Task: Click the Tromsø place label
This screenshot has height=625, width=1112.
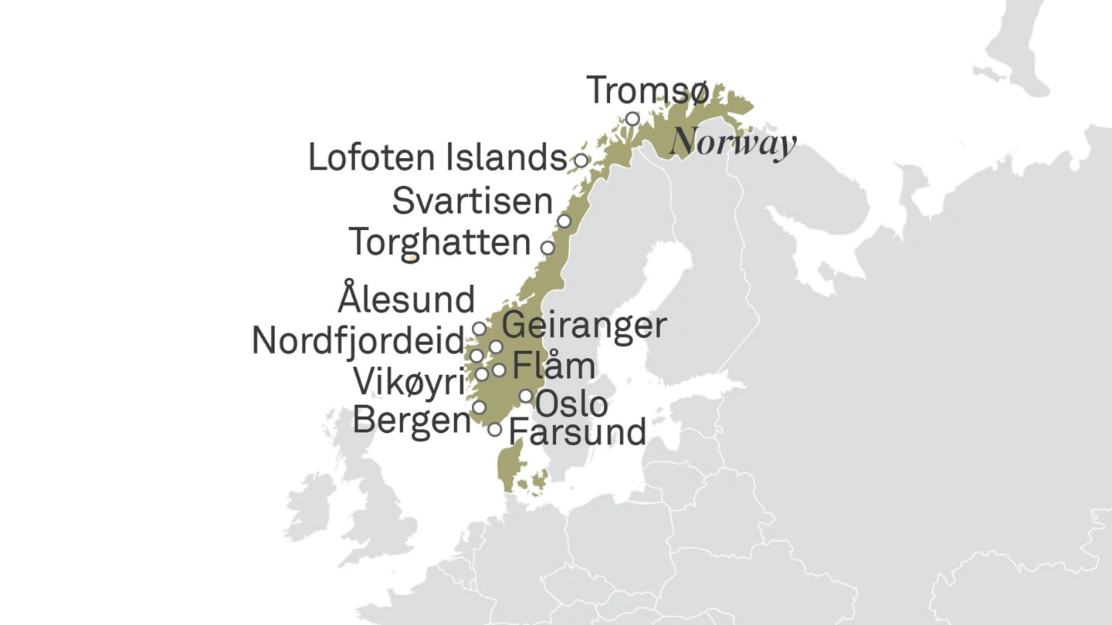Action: pyautogui.click(x=647, y=90)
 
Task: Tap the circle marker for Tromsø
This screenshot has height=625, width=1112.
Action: pyautogui.click(x=632, y=119)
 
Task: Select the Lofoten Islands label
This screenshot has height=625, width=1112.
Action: pyautogui.click(x=437, y=157)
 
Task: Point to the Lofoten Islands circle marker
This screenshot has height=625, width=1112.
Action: pyautogui.click(x=581, y=160)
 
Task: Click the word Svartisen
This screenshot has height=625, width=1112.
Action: pyautogui.click(x=472, y=201)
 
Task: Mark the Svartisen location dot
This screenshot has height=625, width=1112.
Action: pyautogui.click(x=564, y=221)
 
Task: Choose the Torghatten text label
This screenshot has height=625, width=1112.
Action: pyautogui.click(x=439, y=242)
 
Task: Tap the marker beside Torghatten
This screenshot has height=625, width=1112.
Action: pyautogui.click(x=548, y=248)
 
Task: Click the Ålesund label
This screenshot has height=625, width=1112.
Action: pyautogui.click(x=406, y=298)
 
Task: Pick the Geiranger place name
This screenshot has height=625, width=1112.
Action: pyautogui.click(x=584, y=325)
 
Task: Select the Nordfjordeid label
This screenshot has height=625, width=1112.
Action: pyautogui.click(x=358, y=341)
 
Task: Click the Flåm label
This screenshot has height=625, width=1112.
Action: pyautogui.click(x=554, y=365)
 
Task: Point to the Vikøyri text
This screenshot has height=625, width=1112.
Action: pyautogui.click(x=408, y=382)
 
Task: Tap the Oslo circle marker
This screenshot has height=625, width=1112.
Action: pyautogui.click(x=526, y=396)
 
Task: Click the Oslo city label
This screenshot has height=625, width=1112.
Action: pyautogui.click(x=571, y=404)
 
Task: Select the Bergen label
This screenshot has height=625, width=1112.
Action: pyautogui.click(x=411, y=421)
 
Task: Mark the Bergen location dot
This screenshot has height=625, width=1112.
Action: pyautogui.click(x=479, y=407)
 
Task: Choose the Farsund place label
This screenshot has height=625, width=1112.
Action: pyautogui.click(x=578, y=432)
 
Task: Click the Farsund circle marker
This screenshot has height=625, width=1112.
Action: pyautogui.click(x=494, y=430)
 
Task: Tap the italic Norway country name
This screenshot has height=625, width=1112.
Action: pyautogui.click(x=732, y=144)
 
